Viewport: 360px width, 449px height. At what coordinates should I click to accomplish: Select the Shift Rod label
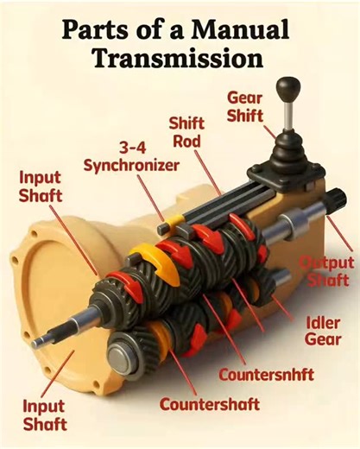click(x=186, y=132)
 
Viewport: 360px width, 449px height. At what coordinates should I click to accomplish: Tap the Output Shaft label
click(x=325, y=270)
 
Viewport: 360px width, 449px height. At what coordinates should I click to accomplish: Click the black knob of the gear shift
click(x=287, y=89)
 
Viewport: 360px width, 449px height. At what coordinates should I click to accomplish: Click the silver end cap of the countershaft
click(x=120, y=353)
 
